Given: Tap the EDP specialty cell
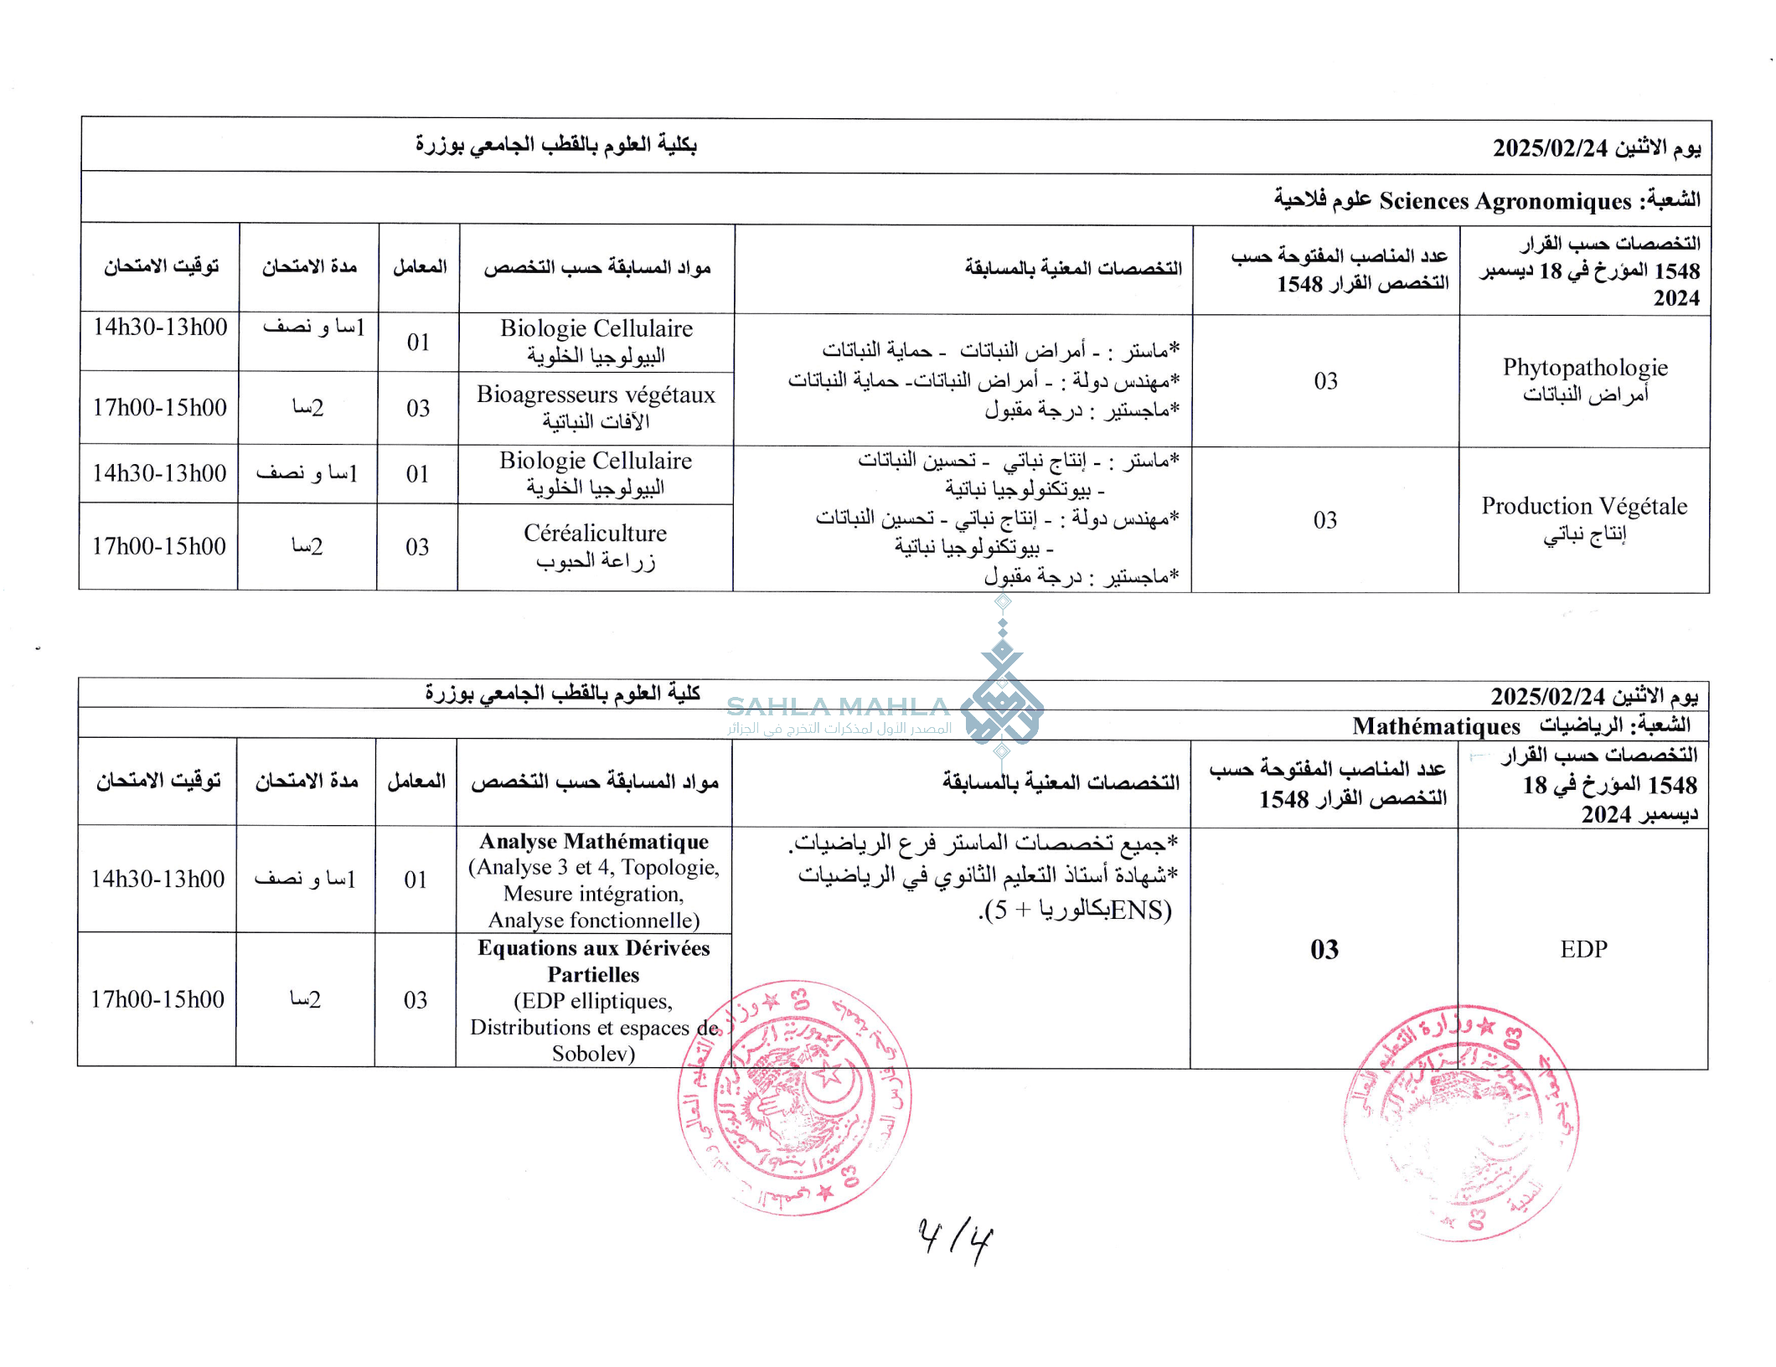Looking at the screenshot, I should click(x=1582, y=949).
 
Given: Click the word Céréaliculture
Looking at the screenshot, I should click(x=595, y=533).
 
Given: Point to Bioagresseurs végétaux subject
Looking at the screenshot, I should click(x=596, y=395).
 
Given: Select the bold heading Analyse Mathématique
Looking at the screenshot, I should click(x=594, y=841).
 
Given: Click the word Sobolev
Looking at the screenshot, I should click(x=593, y=1053).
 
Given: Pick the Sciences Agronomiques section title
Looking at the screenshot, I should click(x=1505, y=201).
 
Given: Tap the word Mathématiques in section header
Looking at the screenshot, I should click(x=1435, y=726).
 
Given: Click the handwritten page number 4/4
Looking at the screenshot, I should click(x=955, y=1239).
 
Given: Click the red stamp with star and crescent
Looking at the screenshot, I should click(x=794, y=1097).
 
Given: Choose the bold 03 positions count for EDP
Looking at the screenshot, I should click(x=1324, y=949).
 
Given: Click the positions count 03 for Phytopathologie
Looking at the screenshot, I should click(x=1325, y=381).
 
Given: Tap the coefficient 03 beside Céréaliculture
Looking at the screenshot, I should click(x=417, y=547).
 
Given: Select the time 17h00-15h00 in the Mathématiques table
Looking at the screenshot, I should click(x=157, y=999).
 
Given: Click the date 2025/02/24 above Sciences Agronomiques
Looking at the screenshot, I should click(x=1550, y=148).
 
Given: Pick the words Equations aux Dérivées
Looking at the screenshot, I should click(x=593, y=948).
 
